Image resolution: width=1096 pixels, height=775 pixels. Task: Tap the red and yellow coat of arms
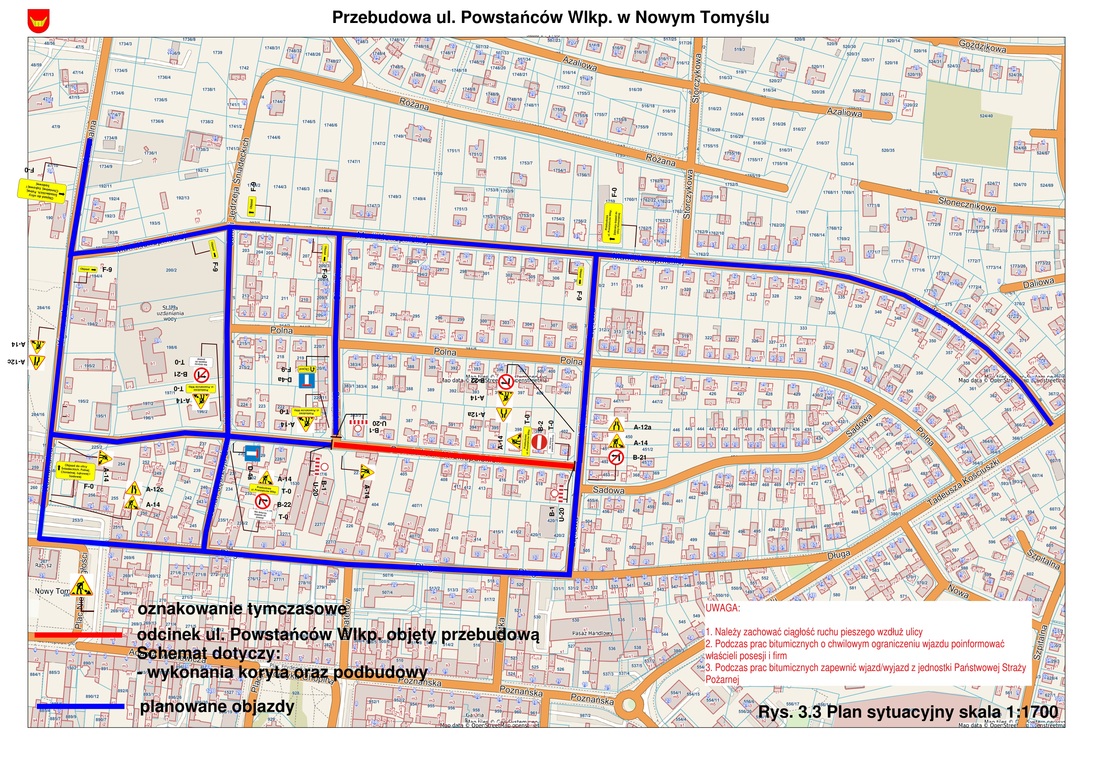pyautogui.click(x=38, y=21)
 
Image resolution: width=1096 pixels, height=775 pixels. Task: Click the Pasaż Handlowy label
pyautogui.click(x=592, y=633)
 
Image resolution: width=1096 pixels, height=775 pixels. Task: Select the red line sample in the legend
pyautogui.click(x=79, y=635)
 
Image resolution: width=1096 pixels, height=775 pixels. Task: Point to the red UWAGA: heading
pyautogui.click(x=723, y=608)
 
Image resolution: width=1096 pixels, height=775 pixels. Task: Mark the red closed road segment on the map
pyautogui.click(x=454, y=454)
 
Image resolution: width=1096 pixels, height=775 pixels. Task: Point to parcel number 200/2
pyautogui.click(x=171, y=270)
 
